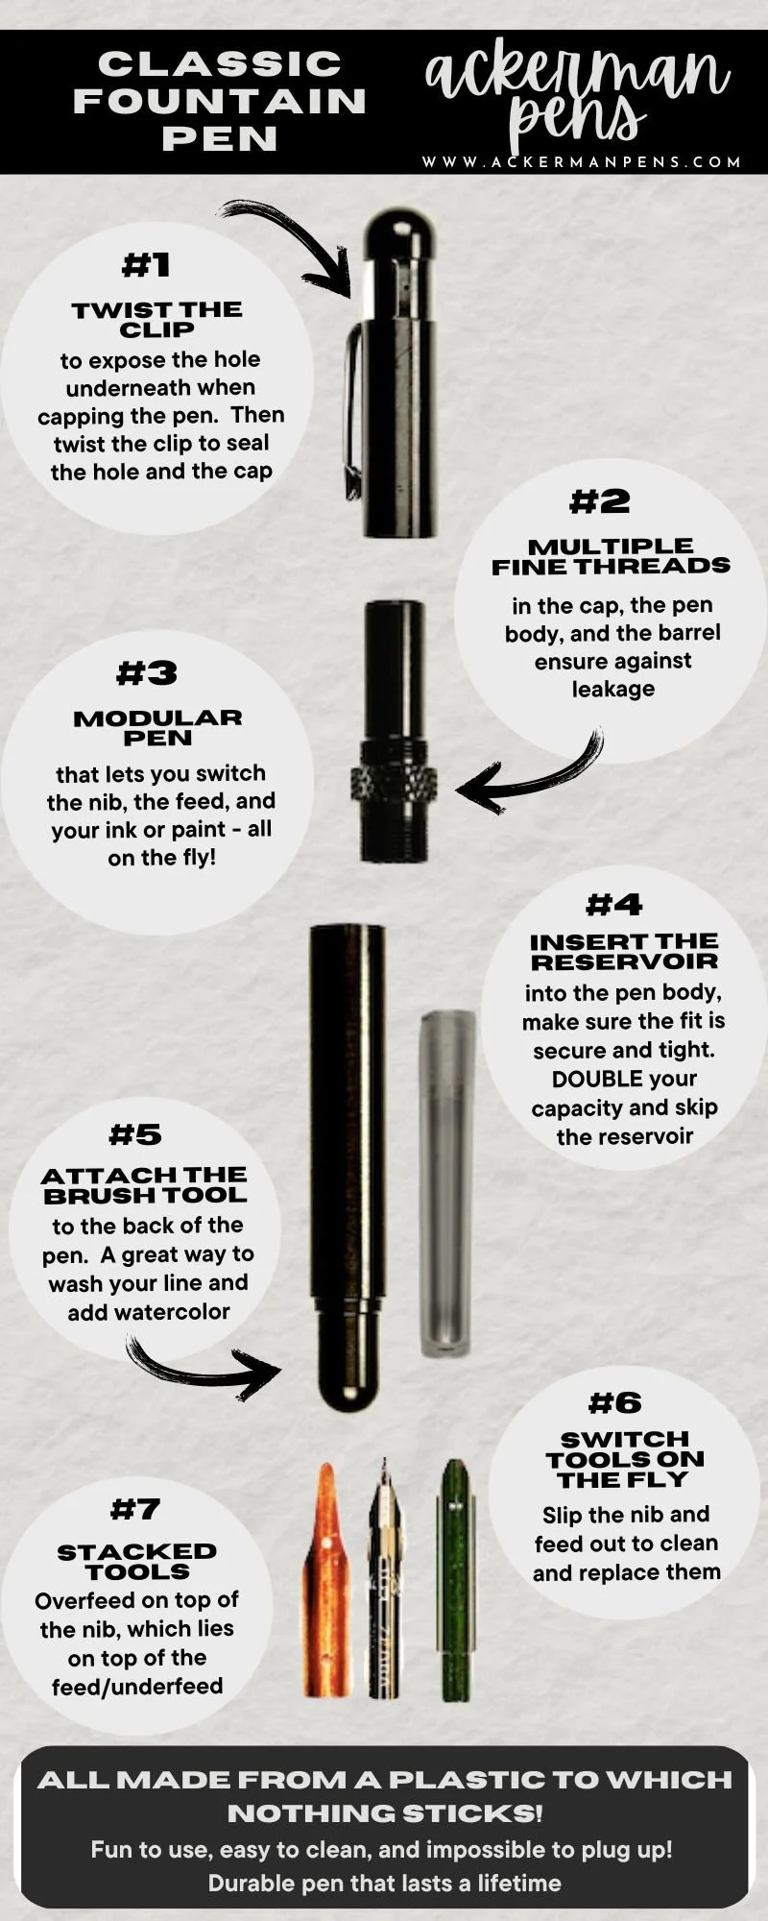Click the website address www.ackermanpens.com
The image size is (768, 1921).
582,161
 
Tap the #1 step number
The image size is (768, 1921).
146,264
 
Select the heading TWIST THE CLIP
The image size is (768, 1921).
156,319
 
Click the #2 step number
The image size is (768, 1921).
600,500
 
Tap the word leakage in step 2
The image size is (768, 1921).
613,689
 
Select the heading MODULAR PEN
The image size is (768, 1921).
157,727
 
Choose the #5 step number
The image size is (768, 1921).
135,1134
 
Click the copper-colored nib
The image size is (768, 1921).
326,1581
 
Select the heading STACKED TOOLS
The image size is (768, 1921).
137,1561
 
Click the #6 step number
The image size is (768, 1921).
615,1403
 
